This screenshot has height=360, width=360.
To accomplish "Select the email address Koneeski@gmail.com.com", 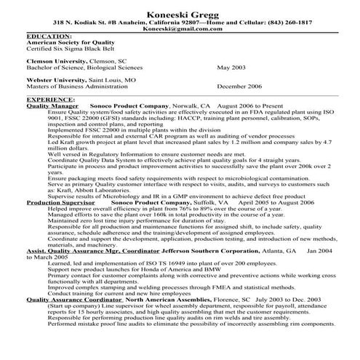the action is click(x=180, y=31).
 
